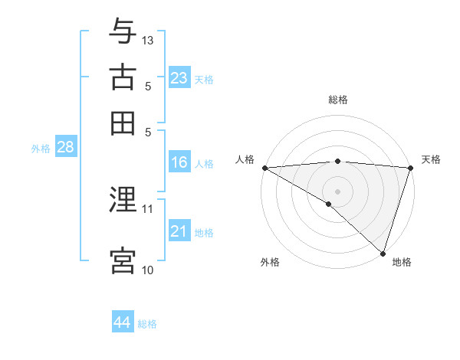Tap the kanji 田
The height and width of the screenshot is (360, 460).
[123, 123]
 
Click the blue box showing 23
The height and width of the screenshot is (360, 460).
[179, 78]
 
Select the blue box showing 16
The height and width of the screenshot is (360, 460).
[179, 162]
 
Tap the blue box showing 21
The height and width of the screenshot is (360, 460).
[179, 231]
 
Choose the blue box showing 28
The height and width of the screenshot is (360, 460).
[65, 148]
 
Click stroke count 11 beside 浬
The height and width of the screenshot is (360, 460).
[148, 208]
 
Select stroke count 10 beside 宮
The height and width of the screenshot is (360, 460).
[148, 270]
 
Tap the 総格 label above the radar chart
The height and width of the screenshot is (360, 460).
[338, 100]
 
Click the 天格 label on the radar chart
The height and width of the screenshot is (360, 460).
[431, 159]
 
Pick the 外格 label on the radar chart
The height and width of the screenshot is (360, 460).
[270, 262]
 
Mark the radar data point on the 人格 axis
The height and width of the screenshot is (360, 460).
[264, 167]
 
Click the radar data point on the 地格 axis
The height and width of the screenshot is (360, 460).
[383, 252]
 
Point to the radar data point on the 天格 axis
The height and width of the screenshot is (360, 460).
[411, 167]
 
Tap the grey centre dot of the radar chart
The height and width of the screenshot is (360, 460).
[338, 191]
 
